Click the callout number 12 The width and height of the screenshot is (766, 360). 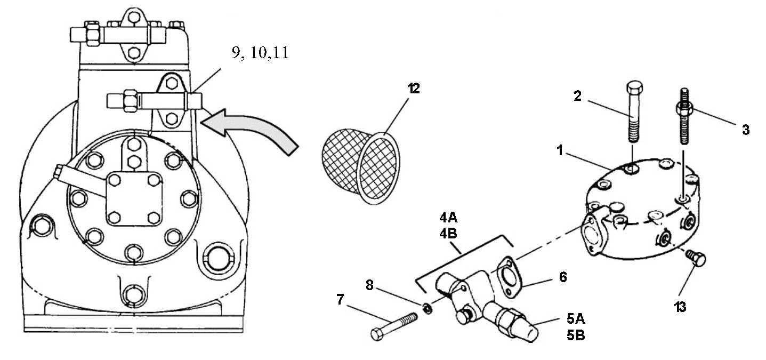413,89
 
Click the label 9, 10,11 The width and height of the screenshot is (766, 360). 260,54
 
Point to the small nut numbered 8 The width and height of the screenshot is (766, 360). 427,308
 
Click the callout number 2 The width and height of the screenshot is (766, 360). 578,96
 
